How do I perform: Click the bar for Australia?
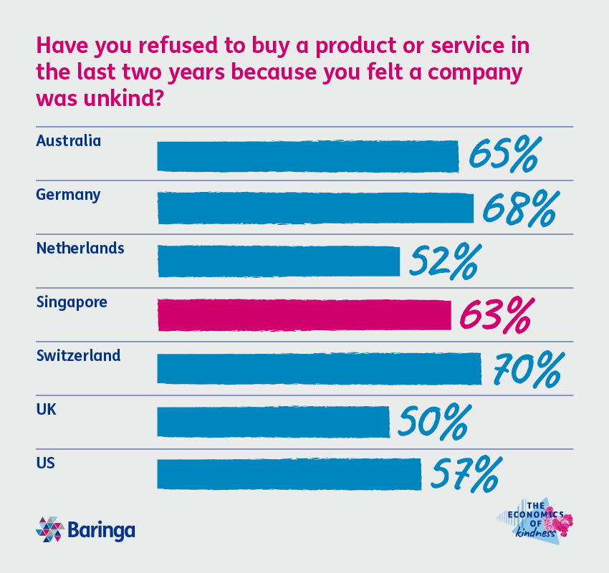pyautogui.click(x=307, y=156)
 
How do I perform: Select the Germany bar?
pyautogui.click(x=315, y=208)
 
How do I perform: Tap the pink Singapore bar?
pyautogui.click(x=304, y=315)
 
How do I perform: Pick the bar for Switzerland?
pyautogui.click(x=319, y=369)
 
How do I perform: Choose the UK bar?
pyautogui.click(x=273, y=422)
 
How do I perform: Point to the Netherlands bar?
pyautogui.click(x=278, y=261)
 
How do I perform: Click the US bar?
pyautogui.click(x=289, y=474)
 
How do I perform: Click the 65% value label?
pyautogui.click(x=502, y=155)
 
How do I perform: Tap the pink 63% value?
pyautogui.click(x=496, y=315)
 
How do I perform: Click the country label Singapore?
pyautogui.click(x=72, y=302)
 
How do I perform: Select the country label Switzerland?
pyautogui.click(x=78, y=355)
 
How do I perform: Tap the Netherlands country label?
pyautogui.click(x=80, y=249)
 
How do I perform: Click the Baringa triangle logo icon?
pyautogui.click(x=49, y=530)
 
